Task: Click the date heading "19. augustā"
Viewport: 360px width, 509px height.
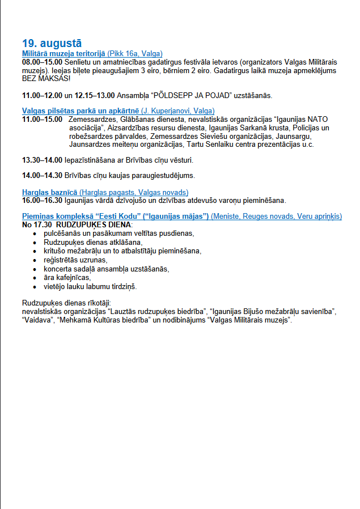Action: coord(52,43)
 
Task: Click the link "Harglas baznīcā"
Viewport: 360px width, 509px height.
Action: coord(49,193)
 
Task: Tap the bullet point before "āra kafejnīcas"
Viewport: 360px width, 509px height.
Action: coord(36,278)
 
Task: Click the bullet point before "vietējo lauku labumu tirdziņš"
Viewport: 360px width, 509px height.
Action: coord(36,287)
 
